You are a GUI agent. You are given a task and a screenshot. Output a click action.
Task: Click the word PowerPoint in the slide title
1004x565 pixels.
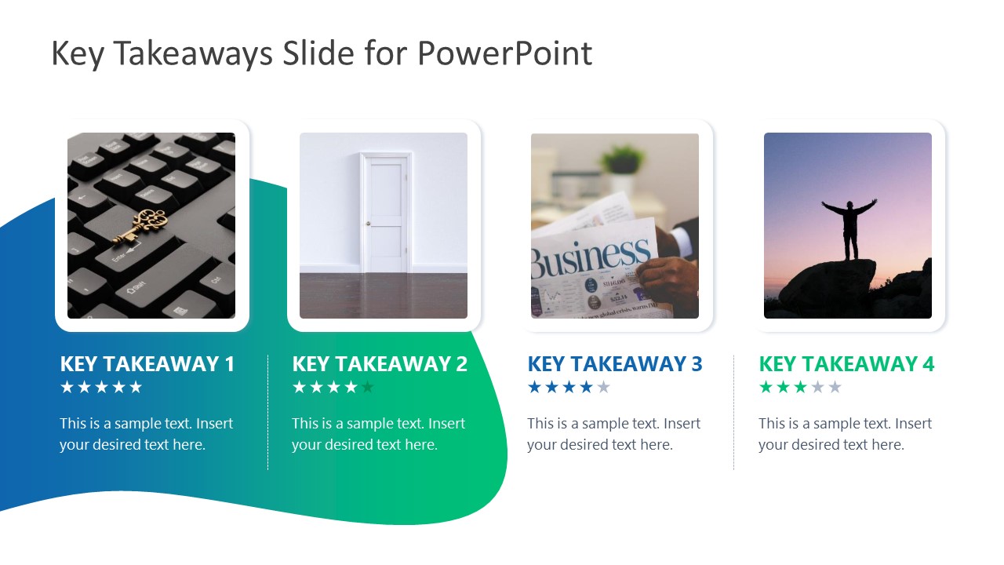[x=504, y=53]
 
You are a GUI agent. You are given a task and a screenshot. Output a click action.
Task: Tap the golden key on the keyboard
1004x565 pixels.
[x=142, y=225]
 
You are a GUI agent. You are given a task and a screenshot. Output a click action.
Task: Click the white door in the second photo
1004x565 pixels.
[x=384, y=212]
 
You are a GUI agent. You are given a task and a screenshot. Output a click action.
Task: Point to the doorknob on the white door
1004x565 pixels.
[x=366, y=224]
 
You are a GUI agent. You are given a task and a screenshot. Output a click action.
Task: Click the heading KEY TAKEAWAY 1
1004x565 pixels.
[x=147, y=364]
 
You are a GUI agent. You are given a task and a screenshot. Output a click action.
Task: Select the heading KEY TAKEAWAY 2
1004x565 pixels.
[x=380, y=364]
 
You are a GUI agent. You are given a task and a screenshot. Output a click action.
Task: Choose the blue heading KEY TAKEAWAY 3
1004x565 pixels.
[x=615, y=364]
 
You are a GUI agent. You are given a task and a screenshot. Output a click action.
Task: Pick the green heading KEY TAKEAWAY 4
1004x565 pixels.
[x=846, y=364]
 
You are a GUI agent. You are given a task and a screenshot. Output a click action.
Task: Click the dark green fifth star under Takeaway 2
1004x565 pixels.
[x=368, y=387]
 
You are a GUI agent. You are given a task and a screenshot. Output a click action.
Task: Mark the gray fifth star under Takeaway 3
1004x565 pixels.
[x=603, y=387]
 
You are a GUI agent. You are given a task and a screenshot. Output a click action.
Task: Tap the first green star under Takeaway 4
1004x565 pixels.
[x=766, y=387]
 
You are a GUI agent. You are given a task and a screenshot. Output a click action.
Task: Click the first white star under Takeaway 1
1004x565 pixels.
[x=67, y=387]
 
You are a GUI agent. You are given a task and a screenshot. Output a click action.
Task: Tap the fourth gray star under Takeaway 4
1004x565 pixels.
[x=817, y=387]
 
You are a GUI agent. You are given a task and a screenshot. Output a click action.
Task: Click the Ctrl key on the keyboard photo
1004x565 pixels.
[x=216, y=279]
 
